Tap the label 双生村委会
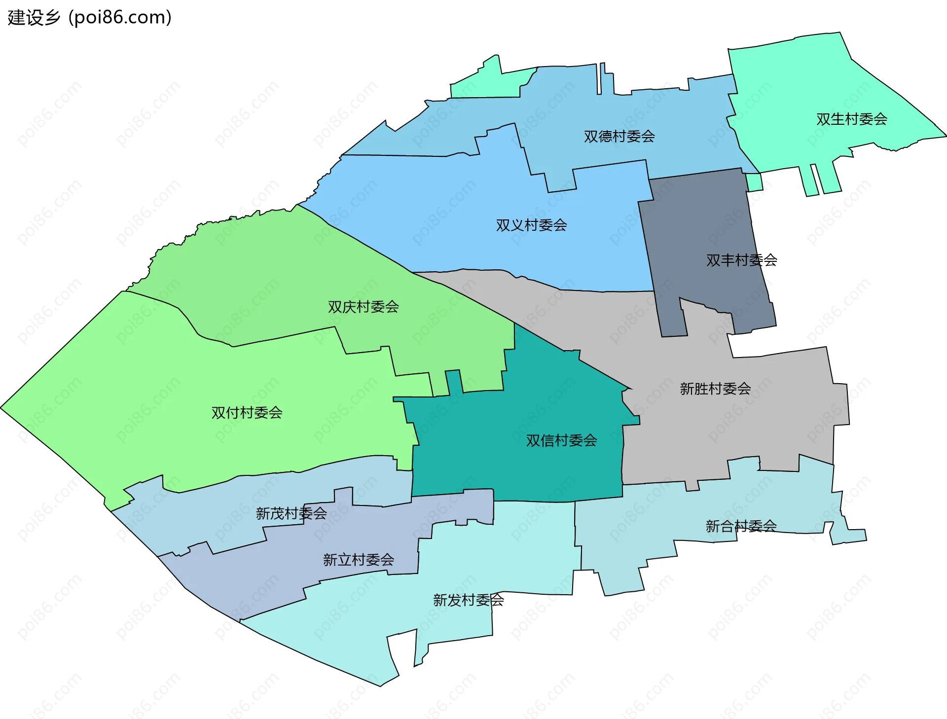click(x=851, y=119)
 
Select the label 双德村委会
click(x=619, y=137)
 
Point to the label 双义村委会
click(x=531, y=225)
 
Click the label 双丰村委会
click(x=741, y=260)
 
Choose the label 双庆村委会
click(x=363, y=307)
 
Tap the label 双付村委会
click(x=247, y=413)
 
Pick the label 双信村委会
click(x=561, y=440)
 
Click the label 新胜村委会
click(x=715, y=389)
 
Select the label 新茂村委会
click(x=291, y=514)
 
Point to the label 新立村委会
click(x=358, y=560)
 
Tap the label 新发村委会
click(x=468, y=600)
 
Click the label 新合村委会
click(x=741, y=526)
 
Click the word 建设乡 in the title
click(x=34, y=18)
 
